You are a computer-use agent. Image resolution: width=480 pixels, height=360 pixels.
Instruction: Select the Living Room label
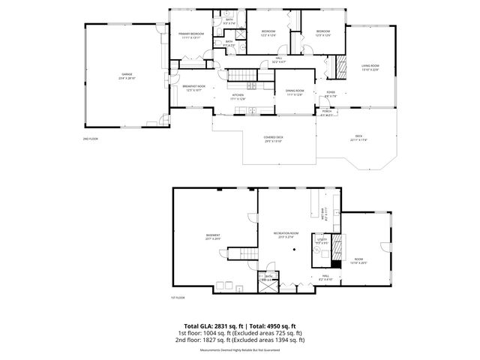click(370, 67)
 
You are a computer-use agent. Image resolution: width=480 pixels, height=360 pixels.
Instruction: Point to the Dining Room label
click(294, 91)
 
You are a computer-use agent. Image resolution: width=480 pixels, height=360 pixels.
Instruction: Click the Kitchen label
click(238, 96)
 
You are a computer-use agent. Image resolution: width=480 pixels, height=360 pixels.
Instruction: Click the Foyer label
click(331, 94)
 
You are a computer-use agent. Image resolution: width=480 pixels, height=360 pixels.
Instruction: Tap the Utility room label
click(322, 242)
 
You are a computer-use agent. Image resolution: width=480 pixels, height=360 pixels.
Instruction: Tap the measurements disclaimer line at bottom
click(239, 350)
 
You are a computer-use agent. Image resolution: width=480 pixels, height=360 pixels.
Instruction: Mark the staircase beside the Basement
click(238, 255)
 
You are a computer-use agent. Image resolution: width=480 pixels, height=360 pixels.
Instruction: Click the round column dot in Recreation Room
click(295, 249)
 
